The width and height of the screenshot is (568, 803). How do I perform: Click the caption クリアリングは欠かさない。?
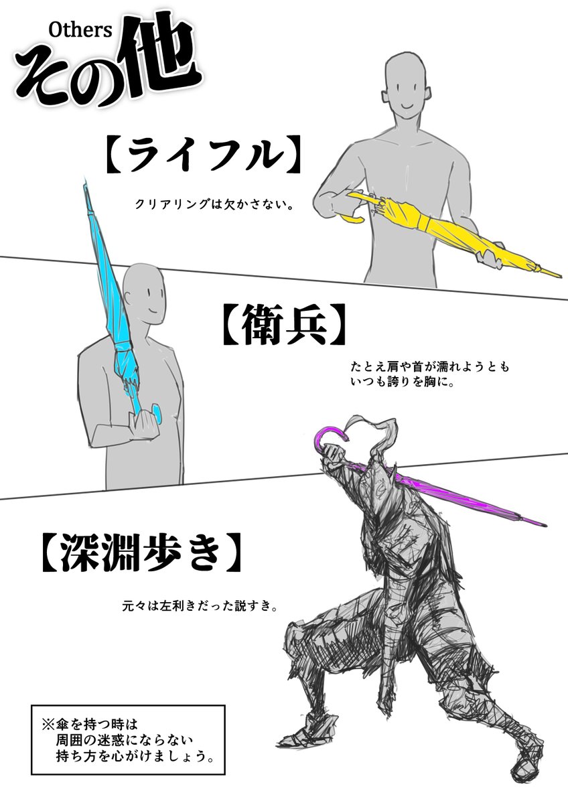tap(214, 204)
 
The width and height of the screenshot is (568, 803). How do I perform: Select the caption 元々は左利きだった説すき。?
tap(200, 605)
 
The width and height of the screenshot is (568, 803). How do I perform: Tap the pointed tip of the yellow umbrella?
tap(553, 274)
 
